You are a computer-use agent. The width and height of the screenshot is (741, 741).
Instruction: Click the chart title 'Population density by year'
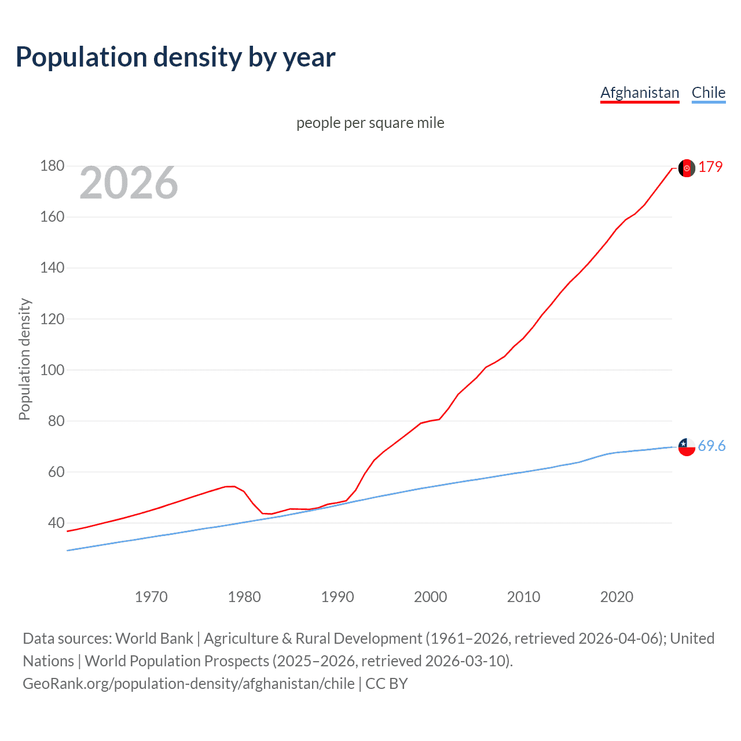coord(175,57)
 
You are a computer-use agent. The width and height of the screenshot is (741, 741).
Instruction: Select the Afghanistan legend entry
coord(640,93)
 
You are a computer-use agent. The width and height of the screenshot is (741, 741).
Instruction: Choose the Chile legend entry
coord(708,93)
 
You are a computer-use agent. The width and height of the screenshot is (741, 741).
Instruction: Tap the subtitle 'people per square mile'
coord(370,123)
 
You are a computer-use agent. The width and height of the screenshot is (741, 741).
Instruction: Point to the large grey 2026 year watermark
coord(129,183)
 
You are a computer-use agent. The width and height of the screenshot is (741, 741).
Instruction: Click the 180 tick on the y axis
coord(52,166)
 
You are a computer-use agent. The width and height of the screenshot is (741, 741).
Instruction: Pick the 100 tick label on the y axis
coord(52,370)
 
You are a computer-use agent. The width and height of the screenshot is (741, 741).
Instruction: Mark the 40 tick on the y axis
coord(56,523)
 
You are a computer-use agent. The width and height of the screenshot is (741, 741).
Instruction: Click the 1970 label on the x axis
coord(151,597)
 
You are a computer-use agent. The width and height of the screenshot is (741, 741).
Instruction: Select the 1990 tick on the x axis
coord(338,597)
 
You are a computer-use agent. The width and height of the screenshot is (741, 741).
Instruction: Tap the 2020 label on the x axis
coord(617,597)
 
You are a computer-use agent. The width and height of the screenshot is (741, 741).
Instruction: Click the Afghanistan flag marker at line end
coord(687,168)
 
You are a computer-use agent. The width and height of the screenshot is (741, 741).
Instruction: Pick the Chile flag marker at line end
coord(687,447)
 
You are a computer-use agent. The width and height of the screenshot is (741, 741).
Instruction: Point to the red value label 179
coord(710,167)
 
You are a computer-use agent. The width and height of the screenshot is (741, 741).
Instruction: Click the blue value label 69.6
coord(711,446)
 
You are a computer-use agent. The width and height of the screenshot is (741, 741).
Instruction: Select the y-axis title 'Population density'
coord(24,359)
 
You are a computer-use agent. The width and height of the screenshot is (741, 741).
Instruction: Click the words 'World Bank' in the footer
coord(154,638)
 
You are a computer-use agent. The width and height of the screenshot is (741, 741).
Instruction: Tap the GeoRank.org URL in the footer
coord(188,683)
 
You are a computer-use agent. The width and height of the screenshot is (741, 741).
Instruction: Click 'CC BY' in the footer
coord(386,683)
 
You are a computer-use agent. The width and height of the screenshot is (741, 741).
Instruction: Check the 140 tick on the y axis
coord(52,268)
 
